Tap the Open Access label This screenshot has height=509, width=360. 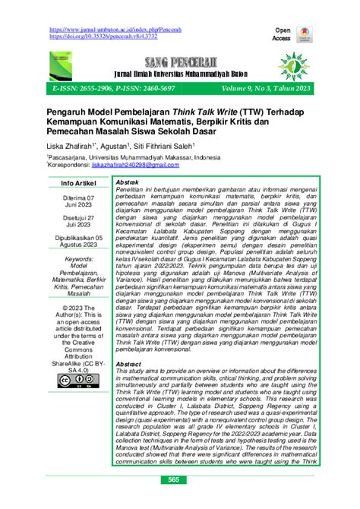tap(282, 33)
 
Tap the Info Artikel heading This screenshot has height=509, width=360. tap(77, 204)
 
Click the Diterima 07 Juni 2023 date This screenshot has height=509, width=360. tap(78, 226)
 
